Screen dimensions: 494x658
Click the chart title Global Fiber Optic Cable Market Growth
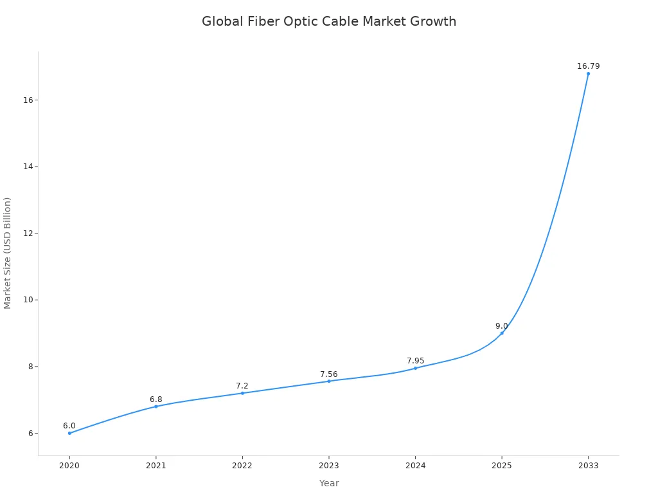point(329,21)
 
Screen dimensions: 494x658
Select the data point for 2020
point(69,433)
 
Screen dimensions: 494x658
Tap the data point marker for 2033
point(588,73)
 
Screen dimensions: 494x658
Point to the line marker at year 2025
point(502,333)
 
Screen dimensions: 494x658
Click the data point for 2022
point(242,393)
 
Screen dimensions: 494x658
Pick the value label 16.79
point(588,66)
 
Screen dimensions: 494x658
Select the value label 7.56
point(328,374)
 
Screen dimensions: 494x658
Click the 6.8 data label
point(156,399)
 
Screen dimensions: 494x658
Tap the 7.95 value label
point(415,361)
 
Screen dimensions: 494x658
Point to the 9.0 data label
point(501,326)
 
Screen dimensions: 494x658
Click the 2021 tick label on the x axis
point(156,466)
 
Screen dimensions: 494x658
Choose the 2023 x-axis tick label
point(328,466)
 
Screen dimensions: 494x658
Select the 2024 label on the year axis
point(415,466)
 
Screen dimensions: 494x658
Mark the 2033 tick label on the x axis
point(588,466)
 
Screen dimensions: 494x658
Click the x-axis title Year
point(329,483)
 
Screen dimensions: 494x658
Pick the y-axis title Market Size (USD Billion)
point(8,253)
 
